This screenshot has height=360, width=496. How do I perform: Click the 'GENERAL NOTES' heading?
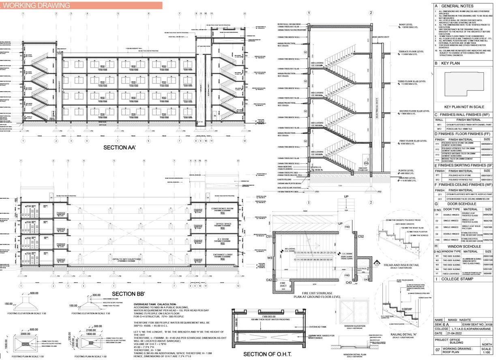[x=457, y=6]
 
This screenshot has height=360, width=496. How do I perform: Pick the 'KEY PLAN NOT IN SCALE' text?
[x=464, y=107]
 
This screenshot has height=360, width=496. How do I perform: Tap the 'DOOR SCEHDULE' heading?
[x=464, y=204]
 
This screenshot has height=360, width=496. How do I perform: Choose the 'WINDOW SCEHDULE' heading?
[x=464, y=246]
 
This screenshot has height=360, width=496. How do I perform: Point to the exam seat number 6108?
[x=488, y=324]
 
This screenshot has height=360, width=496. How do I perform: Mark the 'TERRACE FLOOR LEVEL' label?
[x=411, y=52]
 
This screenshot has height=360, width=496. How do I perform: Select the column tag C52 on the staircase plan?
[x=361, y=236]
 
